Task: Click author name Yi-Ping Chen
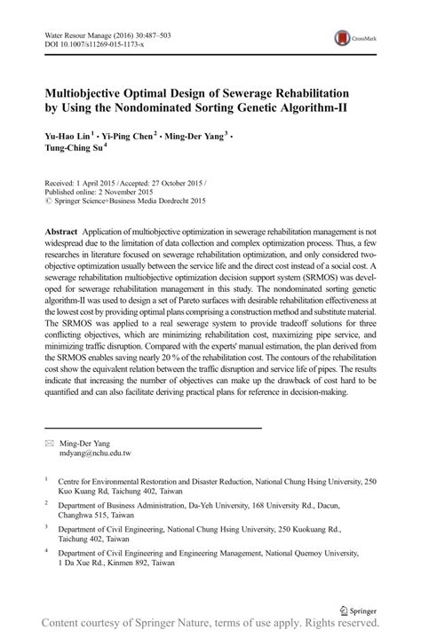point(131,136)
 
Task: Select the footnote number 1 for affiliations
point(46,479)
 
